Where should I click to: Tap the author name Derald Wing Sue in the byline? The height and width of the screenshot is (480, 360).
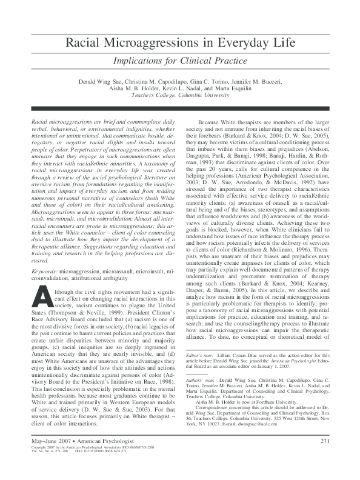(102, 80)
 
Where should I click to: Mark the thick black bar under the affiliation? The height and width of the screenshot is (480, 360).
(180, 108)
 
